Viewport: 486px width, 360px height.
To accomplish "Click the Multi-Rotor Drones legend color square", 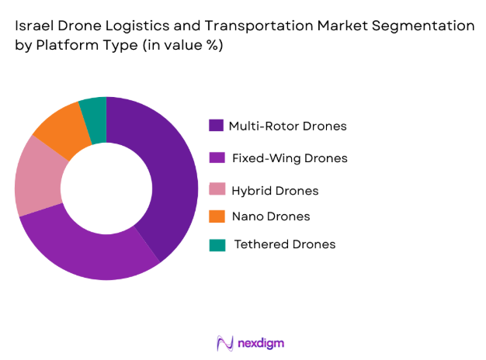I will (217, 126).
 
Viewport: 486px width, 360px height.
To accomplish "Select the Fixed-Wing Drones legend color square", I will (217, 158).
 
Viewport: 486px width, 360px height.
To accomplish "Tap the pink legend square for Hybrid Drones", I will (217, 190).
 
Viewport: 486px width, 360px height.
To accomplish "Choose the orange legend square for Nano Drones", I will (217, 216).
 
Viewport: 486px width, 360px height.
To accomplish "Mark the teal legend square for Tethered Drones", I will (217, 244).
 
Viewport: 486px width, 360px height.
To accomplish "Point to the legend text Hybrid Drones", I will (276, 190).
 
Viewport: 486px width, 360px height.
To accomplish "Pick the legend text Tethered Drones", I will (285, 244).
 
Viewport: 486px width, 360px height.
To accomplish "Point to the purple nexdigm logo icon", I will (225, 342).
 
